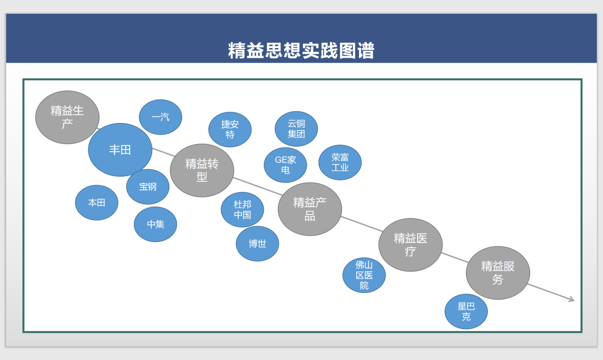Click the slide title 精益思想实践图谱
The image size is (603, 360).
301,51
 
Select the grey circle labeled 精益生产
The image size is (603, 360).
68,117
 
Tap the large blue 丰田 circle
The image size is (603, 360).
120,150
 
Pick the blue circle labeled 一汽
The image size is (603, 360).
161,117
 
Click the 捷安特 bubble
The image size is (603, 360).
230,129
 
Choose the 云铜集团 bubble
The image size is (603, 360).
296,129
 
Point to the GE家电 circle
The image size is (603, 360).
285,165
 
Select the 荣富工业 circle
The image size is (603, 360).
340,163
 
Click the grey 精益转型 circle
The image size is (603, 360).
202,170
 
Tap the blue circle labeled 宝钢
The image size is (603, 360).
148,187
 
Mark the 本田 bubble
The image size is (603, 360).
97,203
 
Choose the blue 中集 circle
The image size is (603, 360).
156,224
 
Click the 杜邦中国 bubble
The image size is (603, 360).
243,210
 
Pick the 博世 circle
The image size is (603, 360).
257,244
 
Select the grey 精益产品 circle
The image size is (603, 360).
310,209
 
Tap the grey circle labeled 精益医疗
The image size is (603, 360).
410,245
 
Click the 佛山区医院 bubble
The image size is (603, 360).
364,275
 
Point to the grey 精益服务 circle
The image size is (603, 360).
498,273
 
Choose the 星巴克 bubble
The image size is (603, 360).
466,311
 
